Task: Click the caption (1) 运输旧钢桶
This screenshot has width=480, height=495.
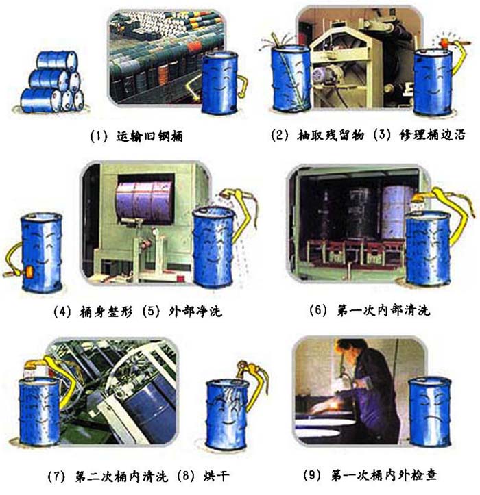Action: coord(136,136)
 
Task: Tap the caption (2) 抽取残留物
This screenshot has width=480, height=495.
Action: coord(317,135)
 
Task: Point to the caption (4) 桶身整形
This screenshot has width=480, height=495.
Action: coord(93,312)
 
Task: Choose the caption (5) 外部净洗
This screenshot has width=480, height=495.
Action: coord(182,312)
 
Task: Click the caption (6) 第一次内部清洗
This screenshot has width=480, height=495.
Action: coord(370,310)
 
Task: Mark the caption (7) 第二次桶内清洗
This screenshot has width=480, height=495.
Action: coord(108,476)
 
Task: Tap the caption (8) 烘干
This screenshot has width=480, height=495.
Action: coord(202,476)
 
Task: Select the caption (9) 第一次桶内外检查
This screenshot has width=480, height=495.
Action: coord(370,474)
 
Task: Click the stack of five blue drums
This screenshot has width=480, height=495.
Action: coord(52,83)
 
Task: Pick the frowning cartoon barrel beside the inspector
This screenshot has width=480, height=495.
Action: coord(429,412)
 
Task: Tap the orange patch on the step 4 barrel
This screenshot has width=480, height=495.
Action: coord(29,272)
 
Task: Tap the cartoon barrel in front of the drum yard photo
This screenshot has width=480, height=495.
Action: coord(220,83)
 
